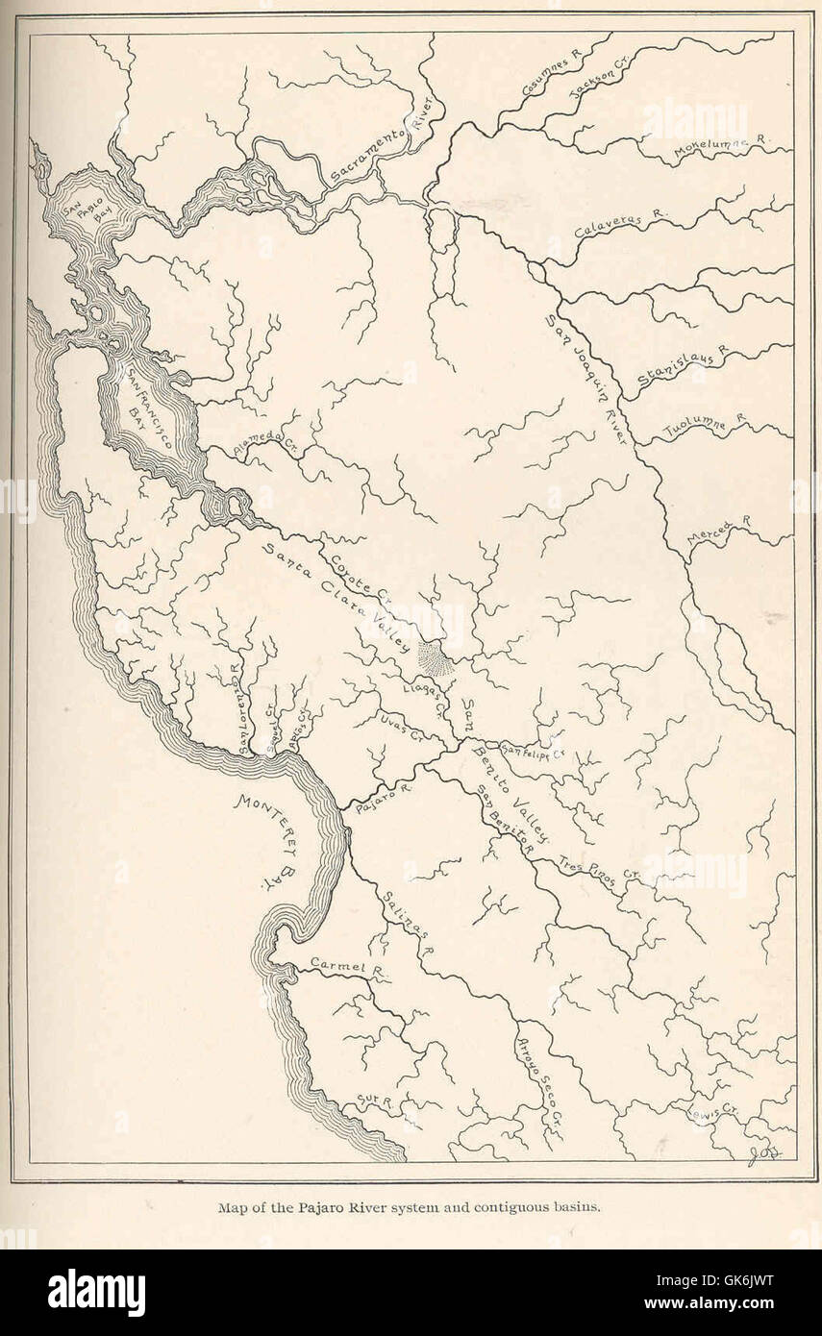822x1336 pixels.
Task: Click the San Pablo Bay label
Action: coord(76,212)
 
